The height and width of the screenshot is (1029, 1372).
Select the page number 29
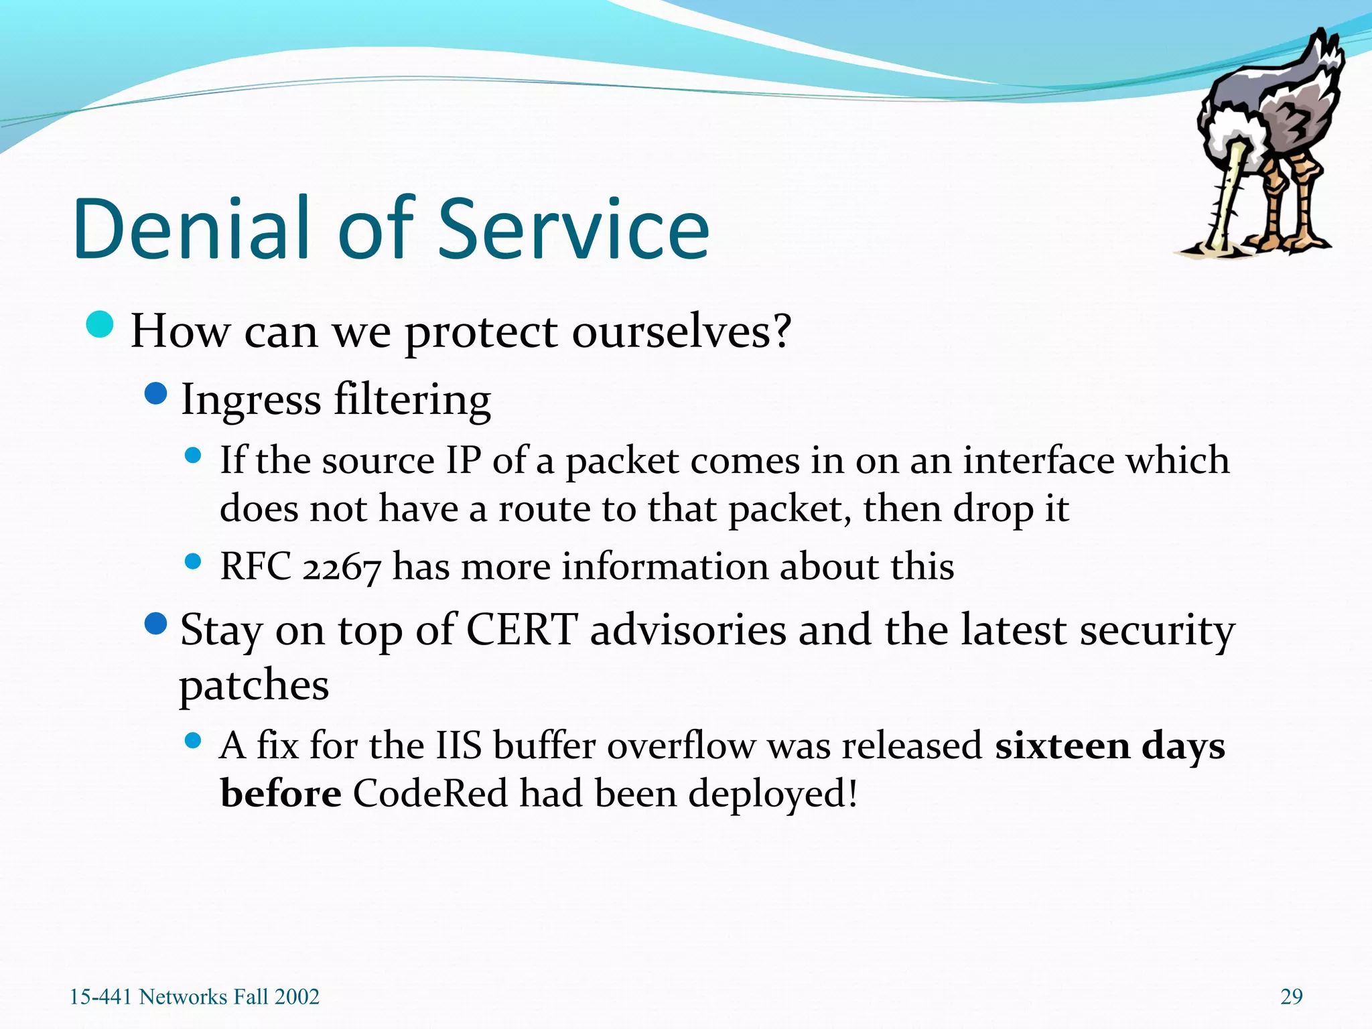[1291, 997]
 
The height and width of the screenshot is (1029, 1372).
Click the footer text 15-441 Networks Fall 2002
[195, 997]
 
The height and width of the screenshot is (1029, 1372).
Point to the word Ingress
[251, 401]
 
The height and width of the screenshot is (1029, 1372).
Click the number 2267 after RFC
[342, 567]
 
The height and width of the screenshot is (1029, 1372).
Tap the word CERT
[521, 630]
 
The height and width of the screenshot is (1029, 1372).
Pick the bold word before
[281, 793]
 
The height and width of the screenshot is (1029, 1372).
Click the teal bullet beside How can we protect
[100, 326]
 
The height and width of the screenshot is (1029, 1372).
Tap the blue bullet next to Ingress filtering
[155, 394]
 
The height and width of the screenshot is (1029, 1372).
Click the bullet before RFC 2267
[193, 561]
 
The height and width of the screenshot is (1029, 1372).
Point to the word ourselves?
[681, 331]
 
